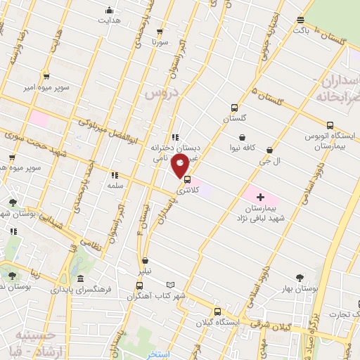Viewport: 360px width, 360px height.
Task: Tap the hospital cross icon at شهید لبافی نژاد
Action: pos(261,178)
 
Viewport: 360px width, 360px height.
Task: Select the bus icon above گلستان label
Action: pos(234,108)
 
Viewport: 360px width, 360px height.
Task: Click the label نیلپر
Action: pos(144,271)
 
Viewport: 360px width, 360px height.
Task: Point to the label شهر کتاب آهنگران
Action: pos(160,296)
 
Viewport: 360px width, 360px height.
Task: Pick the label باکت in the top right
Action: pos(301,31)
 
